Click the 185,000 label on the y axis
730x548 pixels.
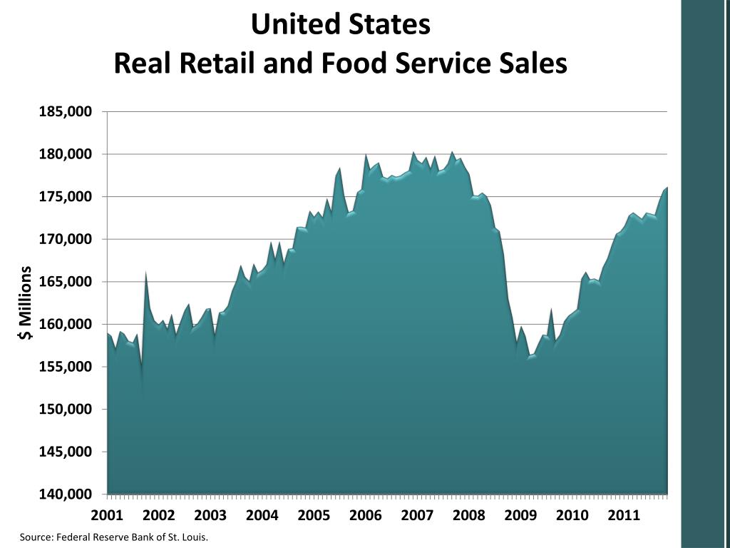[66, 112]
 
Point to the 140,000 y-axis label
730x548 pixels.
[66, 494]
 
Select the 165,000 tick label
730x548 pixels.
[66, 282]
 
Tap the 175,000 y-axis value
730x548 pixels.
[66, 197]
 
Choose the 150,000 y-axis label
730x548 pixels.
[66, 410]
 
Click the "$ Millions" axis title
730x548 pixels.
[26, 303]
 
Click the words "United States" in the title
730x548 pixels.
[341, 25]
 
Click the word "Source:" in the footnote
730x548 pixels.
[36, 537]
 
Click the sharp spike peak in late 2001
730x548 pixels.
[145, 273]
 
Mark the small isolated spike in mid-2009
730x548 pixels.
[551, 310]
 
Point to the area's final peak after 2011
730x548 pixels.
[667, 188]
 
